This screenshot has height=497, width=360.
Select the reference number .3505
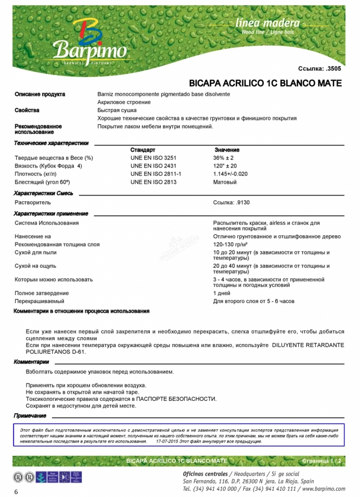[x=333, y=68]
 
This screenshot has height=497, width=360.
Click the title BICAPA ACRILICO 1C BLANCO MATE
[x=265, y=83]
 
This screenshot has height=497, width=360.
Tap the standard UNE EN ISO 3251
[x=153, y=158]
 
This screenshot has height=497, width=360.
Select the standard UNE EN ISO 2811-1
[x=156, y=174]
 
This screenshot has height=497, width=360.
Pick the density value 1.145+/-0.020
[x=230, y=174]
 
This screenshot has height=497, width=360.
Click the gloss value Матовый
[x=225, y=182]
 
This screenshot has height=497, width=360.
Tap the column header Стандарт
[x=143, y=150]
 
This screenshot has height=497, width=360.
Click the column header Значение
[x=227, y=150]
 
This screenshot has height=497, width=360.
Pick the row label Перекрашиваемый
[x=40, y=301]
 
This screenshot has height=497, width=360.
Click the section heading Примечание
[x=30, y=416]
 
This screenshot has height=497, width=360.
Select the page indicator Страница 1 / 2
[x=322, y=461]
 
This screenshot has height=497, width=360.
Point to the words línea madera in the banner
[x=267, y=23]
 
